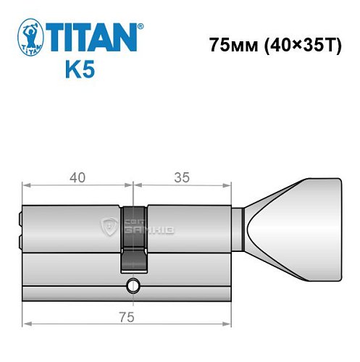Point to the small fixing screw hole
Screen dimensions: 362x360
pyautogui.click(x=133, y=287)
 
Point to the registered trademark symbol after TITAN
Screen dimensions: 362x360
pyautogui.click(x=141, y=25)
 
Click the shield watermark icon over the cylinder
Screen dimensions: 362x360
pyautogui.click(x=110, y=227)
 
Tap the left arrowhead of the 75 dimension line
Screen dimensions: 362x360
pyautogui.click(x=26, y=325)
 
